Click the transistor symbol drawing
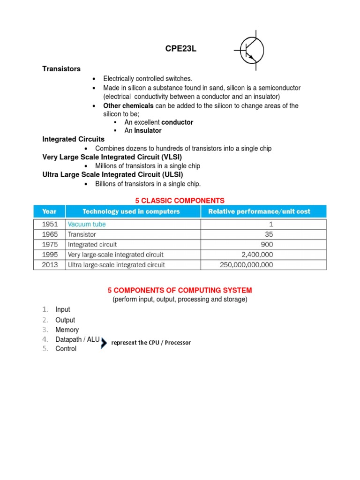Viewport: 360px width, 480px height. (x=251, y=50)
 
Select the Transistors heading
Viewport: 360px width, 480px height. (x=61, y=69)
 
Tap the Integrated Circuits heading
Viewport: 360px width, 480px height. (x=74, y=139)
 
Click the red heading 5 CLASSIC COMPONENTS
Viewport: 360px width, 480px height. (x=180, y=201)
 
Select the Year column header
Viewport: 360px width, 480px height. (x=49, y=211)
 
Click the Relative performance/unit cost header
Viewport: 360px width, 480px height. (x=259, y=211)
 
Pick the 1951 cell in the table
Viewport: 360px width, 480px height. (x=49, y=224)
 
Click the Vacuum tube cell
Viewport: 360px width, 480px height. (x=87, y=224)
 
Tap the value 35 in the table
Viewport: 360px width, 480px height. (x=269, y=234)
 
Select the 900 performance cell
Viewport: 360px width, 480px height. (x=267, y=245)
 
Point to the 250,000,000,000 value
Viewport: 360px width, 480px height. (x=247, y=265)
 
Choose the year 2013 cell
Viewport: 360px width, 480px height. (x=49, y=265)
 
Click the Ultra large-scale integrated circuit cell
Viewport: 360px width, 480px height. (x=116, y=265)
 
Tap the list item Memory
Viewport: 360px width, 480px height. (x=67, y=330)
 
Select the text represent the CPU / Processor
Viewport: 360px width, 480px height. (x=151, y=343)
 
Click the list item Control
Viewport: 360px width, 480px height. (x=66, y=349)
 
